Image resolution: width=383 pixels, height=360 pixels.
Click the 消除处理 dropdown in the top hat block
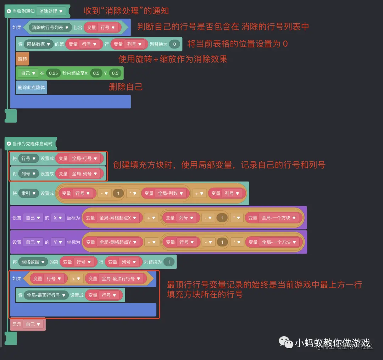[51, 11]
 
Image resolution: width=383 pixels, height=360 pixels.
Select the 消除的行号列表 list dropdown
[50, 27]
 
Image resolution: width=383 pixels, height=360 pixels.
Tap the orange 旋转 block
[22, 59]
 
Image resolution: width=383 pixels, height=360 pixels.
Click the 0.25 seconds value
[53, 73]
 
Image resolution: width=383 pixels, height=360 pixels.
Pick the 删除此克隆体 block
[31, 87]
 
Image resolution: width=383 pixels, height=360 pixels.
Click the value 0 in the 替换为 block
[174, 44]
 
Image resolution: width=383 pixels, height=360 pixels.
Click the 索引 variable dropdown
[29, 193]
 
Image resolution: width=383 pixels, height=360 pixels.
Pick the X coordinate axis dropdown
[57, 218]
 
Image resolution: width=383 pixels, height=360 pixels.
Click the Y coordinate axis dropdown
[57, 242]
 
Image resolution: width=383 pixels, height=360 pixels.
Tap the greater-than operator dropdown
[76, 279]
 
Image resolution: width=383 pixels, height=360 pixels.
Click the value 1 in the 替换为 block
[169, 262]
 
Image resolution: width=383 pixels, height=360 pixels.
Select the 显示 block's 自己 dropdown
[33, 324]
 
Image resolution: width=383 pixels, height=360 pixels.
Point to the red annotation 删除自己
[126, 87]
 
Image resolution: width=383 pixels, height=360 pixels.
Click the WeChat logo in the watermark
[285, 342]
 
